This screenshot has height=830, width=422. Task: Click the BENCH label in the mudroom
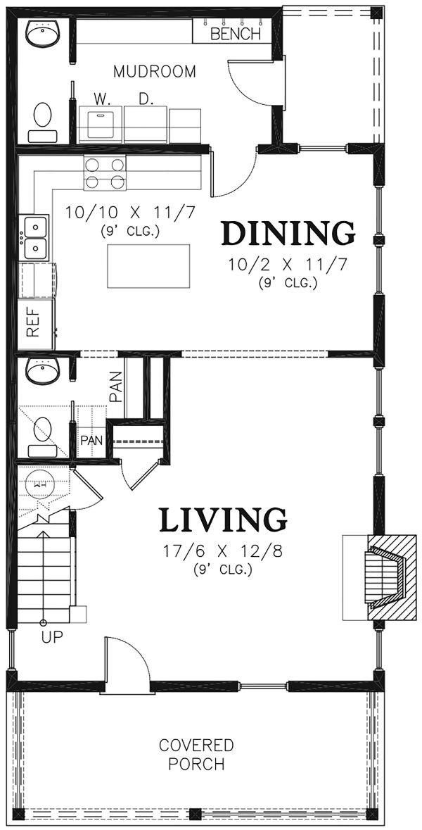click(x=236, y=34)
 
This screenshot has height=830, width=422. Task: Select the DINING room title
click(x=288, y=234)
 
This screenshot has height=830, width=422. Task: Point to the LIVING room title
click(x=223, y=520)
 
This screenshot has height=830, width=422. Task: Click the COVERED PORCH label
click(x=196, y=755)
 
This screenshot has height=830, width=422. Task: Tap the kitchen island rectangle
click(x=148, y=265)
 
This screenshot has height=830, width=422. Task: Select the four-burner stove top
click(x=105, y=173)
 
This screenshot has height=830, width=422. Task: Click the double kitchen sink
click(x=34, y=238)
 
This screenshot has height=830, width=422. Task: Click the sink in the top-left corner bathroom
click(x=43, y=35)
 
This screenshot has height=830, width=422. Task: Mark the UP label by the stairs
click(x=52, y=637)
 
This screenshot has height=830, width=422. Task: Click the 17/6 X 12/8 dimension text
click(x=223, y=551)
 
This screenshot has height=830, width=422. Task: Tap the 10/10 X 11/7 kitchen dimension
click(x=131, y=213)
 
